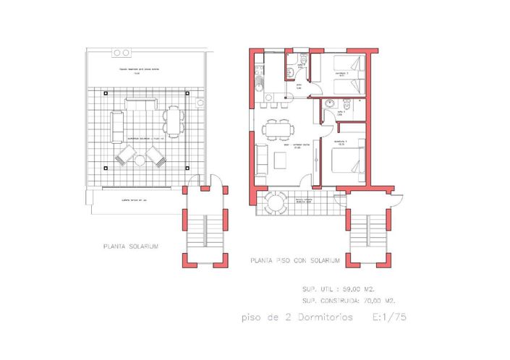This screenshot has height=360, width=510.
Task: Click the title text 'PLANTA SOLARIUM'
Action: click(131, 247)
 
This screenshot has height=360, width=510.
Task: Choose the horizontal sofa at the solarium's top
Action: click(137, 104)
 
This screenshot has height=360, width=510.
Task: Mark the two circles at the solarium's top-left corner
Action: click(122, 53)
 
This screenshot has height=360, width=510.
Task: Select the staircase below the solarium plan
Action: click(205, 228)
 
